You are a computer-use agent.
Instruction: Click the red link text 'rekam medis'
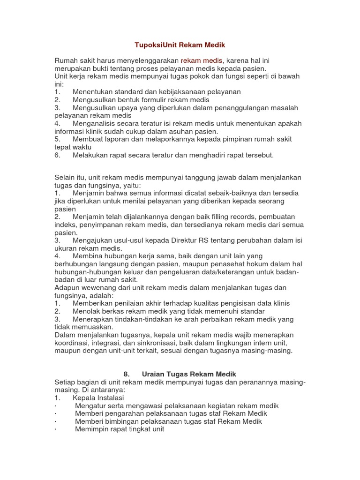pos(202,60)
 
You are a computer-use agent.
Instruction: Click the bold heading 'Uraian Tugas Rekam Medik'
pos(189,374)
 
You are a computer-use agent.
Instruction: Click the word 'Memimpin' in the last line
pos(91,429)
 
